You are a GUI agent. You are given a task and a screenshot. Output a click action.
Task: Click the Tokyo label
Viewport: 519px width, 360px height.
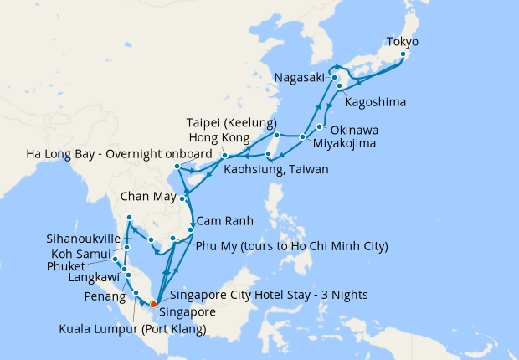point(402,41)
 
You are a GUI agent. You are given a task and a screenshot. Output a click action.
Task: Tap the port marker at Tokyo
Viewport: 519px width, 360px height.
point(403,54)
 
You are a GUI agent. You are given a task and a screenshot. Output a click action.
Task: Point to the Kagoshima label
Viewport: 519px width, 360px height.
point(375,103)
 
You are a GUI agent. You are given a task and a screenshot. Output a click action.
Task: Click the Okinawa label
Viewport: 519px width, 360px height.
point(354,131)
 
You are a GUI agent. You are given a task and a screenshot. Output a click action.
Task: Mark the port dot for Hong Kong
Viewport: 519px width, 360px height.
point(225,155)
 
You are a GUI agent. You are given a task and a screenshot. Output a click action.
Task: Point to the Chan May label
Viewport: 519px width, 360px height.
point(145,198)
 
